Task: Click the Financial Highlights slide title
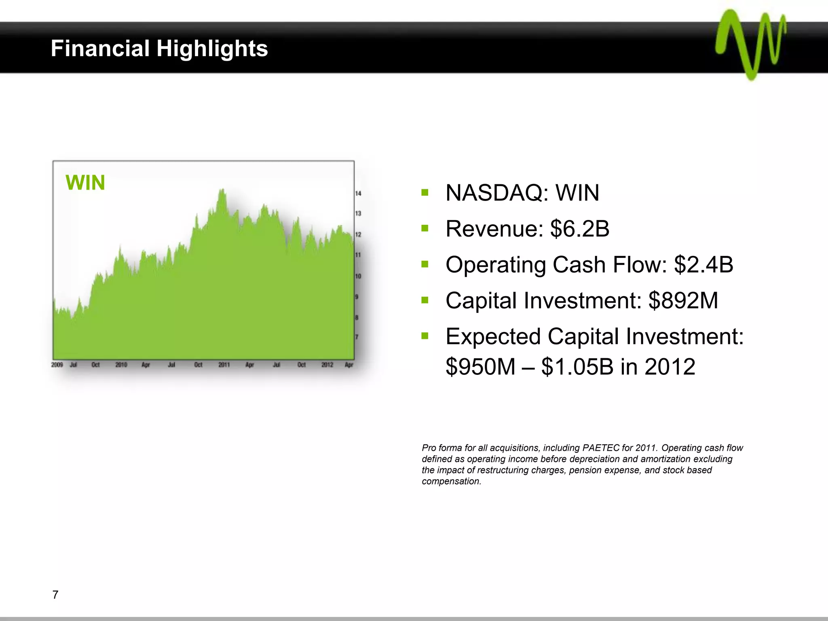(x=159, y=49)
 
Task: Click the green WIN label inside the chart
(x=85, y=183)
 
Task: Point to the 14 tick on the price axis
(x=358, y=193)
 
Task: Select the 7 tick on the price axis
(x=357, y=337)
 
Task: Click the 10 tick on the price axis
(x=358, y=276)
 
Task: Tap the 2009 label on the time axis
(x=57, y=365)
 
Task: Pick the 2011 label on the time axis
(x=224, y=365)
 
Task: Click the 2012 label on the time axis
(x=327, y=365)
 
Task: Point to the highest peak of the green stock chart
(x=222, y=190)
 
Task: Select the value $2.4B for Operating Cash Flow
(x=703, y=265)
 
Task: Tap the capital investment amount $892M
(x=683, y=301)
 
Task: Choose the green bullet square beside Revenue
(x=425, y=228)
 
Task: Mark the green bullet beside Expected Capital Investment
(x=425, y=336)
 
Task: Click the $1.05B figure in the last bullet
(x=577, y=367)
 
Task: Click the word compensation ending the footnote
(x=451, y=482)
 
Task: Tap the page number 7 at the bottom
(x=55, y=595)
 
